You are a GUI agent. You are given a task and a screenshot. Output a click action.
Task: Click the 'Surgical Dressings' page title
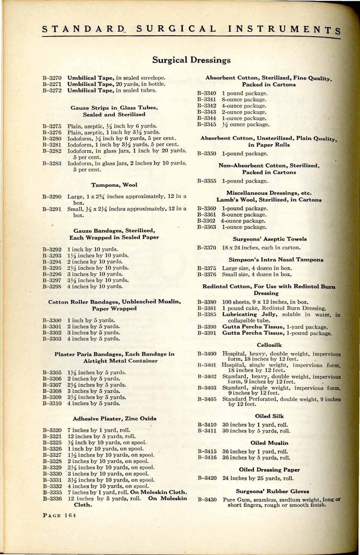coord(191,60)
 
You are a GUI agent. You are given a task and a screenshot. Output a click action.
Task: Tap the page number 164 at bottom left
coord(59,515)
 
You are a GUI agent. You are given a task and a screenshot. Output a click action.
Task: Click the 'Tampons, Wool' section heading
coord(114,185)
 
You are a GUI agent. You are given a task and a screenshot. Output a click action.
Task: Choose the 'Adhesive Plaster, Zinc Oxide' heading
coord(114,418)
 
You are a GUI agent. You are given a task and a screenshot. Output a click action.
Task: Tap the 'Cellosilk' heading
coord(269,345)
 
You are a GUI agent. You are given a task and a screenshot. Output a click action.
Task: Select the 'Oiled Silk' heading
coord(269,416)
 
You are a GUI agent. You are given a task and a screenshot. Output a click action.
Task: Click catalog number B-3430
coord(207,500)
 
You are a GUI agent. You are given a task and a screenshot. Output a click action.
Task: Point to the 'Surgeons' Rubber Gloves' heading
coord(272,491)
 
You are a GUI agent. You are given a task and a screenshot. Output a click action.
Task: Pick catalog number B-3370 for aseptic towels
coord(206,248)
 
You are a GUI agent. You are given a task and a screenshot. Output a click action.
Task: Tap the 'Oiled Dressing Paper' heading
coord(269,470)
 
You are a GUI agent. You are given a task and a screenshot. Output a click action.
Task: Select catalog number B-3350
coord(206,154)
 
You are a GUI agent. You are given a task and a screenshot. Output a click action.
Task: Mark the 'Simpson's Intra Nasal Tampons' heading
coord(276,260)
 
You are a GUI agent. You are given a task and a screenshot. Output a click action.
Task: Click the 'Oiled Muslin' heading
coord(269,443)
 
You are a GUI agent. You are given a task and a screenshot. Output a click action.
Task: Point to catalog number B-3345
coord(206,125)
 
